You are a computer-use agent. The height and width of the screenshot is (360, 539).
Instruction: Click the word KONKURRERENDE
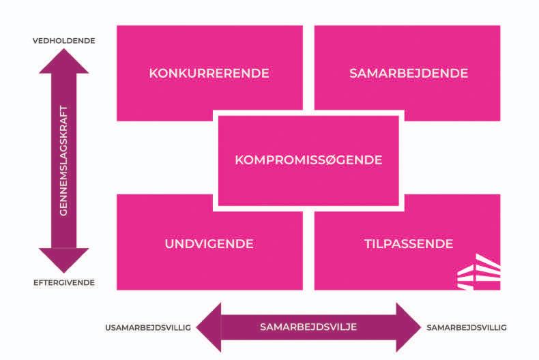(209, 74)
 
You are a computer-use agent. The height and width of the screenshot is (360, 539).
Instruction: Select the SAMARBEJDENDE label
(409, 74)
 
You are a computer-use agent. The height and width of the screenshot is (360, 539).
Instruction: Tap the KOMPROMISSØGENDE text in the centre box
(308, 160)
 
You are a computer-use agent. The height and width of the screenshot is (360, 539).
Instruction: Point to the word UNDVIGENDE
(209, 244)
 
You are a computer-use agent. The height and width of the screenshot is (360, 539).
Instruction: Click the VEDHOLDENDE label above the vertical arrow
(63, 40)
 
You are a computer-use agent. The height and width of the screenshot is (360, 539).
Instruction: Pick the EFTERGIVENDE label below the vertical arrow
(63, 282)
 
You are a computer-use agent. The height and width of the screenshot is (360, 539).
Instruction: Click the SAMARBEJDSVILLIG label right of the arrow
(467, 327)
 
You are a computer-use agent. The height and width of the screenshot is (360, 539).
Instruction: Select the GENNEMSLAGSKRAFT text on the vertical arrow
(63, 160)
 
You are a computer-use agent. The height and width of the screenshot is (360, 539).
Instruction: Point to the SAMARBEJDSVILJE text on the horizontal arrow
(308, 327)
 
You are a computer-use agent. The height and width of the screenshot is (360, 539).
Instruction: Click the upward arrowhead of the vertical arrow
(63, 60)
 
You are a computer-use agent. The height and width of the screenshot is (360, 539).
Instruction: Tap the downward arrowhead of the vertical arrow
(63, 260)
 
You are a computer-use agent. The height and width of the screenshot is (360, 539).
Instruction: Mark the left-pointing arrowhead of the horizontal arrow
(210, 327)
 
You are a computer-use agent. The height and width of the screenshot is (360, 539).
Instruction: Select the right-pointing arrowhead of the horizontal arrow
(408, 327)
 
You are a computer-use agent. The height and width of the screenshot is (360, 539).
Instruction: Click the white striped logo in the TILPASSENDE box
(478, 272)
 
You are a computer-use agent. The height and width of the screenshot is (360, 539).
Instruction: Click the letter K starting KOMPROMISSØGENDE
(239, 160)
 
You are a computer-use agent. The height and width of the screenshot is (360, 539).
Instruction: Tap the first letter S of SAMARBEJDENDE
(353, 74)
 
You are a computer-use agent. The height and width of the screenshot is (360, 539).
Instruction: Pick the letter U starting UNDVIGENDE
(169, 244)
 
